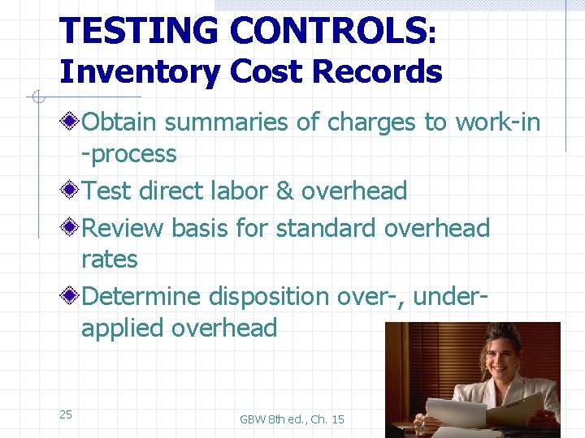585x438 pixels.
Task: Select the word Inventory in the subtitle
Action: tap(139, 72)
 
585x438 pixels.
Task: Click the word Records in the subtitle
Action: tap(377, 72)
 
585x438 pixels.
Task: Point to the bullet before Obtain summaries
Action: tap(72, 122)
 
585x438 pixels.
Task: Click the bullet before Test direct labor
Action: tap(72, 191)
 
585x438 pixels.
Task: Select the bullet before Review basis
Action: tap(72, 228)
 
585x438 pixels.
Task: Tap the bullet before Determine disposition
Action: tap(72, 297)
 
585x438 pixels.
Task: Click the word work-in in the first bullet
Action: tap(498, 122)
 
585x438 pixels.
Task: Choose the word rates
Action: tap(110, 260)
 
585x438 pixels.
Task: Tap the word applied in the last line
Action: tap(123, 329)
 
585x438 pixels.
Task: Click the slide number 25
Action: tap(66, 414)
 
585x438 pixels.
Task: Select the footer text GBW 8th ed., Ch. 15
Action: tap(292, 419)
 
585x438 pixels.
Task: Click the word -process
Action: tap(129, 154)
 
